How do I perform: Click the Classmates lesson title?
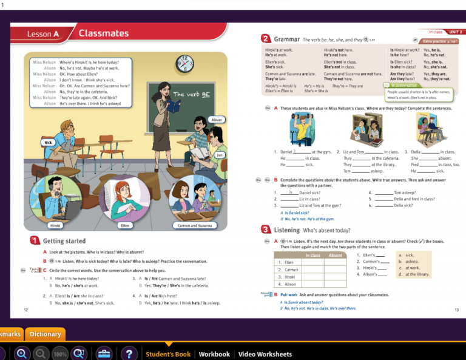tap(104, 33)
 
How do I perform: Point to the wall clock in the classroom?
tap(184, 63)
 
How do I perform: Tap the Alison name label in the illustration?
tap(217, 120)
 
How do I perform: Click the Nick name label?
tap(49, 142)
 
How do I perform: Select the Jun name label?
tap(220, 155)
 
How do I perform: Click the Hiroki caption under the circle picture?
tap(53, 225)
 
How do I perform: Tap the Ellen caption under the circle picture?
tap(126, 225)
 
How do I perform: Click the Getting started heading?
tap(64, 241)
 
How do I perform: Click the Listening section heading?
tap(287, 230)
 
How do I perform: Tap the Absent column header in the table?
tap(335, 256)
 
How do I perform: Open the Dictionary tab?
tap(45, 334)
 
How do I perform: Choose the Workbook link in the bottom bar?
tap(214, 354)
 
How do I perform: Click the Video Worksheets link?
tap(265, 354)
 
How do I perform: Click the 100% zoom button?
tap(59, 354)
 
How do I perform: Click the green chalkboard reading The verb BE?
tap(192, 95)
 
